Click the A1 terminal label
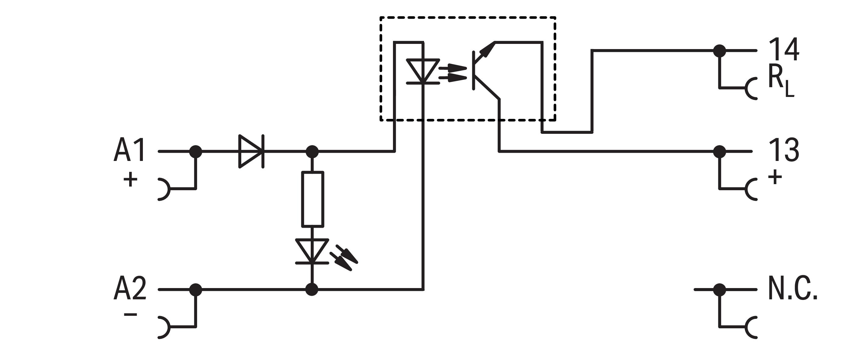coord(129,150)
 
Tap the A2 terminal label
coord(130,289)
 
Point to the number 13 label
coord(784,150)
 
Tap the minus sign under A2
coord(130,315)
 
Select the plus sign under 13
coord(775,177)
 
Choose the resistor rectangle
coord(313,199)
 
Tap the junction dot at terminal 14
coord(720,51)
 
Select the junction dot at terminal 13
coord(720,151)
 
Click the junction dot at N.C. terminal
coord(720,290)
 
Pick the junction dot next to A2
coord(196,290)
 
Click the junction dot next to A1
coord(196,151)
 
